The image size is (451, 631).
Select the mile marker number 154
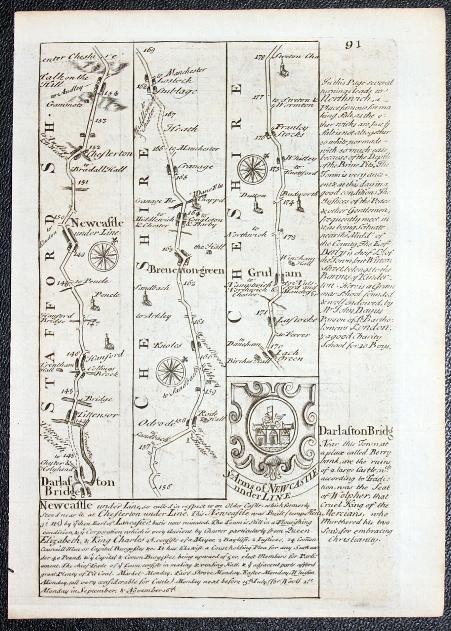tap(110, 93)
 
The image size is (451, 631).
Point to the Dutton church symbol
tap(256, 206)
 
